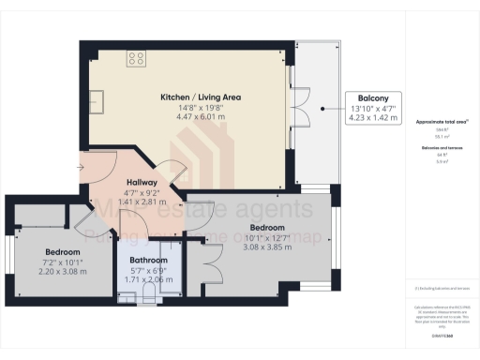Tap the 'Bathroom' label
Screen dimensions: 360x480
[x=148, y=260]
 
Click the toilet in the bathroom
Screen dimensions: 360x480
[x=148, y=297]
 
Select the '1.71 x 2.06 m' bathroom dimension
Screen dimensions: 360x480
[x=148, y=280]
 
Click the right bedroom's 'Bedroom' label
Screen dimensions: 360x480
[x=268, y=227]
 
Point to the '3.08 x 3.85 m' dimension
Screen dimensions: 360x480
[x=268, y=247]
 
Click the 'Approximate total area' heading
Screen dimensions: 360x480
[x=442, y=122]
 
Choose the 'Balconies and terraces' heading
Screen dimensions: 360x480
[x=442, y=148]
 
